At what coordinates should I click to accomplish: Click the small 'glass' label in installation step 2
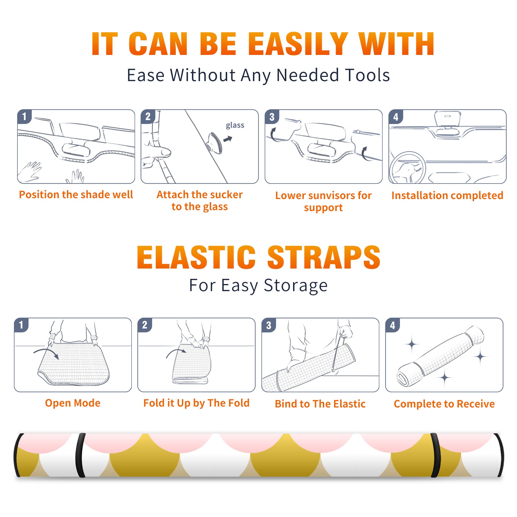coord(235,125)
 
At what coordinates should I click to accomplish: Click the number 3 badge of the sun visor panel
coord(272,117)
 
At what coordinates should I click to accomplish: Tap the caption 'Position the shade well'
coord(76,195)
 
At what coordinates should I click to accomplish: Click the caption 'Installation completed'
coord(447,195)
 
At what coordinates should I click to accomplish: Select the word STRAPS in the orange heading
coord(324,257)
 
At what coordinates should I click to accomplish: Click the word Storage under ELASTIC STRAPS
coord(296,286)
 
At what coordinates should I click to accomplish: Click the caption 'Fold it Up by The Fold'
coord(196,403)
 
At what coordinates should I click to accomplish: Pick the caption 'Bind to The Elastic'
coord(320,404)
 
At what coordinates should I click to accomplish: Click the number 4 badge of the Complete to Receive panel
coord(393,325)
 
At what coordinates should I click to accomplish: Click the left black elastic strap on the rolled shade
coord(80,455)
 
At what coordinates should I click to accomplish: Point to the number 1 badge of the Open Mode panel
coord(21,325)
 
